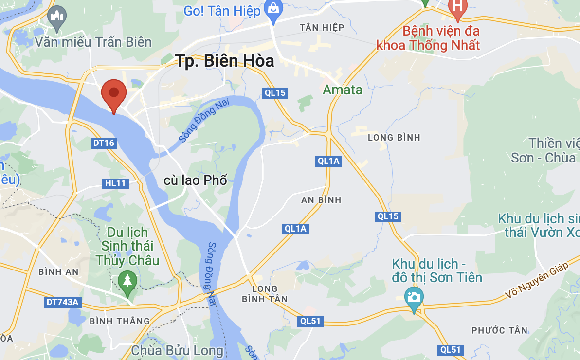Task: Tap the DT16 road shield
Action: coord(103,143)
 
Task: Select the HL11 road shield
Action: coord(115,183)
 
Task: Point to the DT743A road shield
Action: coord(62,302)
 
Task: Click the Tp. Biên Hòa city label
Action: coord(224,61)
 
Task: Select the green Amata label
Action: coord(343,90)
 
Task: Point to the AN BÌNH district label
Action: coord(321,200)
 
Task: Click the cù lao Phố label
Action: coord(196,180)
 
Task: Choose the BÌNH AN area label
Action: coord(58,271)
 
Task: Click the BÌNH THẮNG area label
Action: coord(120,321)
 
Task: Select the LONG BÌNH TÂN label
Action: coord(265,294)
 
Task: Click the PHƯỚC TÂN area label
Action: coord(499,330)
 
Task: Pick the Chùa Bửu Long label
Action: coord(177,350)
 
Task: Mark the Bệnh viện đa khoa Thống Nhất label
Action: coord(428,38)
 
